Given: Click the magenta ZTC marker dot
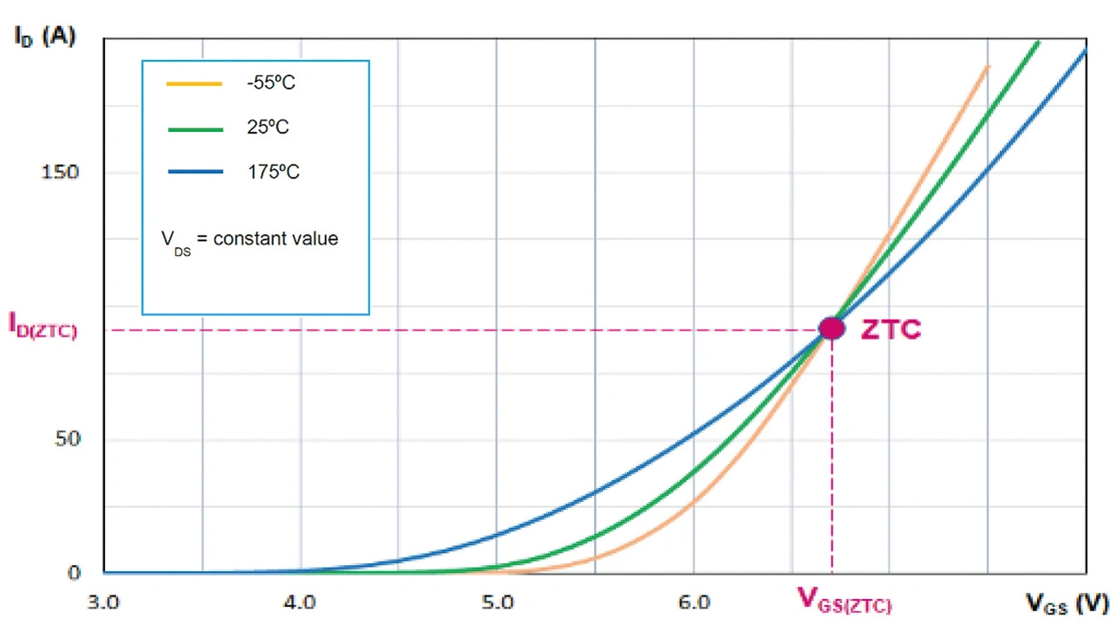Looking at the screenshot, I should coord(832,328).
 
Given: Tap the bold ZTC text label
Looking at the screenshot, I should coord(891,329).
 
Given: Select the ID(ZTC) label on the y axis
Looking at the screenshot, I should coord(42,325).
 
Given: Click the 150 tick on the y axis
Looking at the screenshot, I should coord(60,172).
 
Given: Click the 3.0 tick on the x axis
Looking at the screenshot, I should coord(103,601).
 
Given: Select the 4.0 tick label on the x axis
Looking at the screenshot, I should coord(299,601).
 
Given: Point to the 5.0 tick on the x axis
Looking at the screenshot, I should coord(497,601).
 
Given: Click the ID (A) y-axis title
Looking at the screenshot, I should coord(44,36).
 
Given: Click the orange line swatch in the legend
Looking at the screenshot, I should coord(194,84).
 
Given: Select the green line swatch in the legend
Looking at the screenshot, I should coord(194,128).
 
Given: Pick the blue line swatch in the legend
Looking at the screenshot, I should coord(194,172).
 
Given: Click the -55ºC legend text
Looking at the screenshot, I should coord(271,84).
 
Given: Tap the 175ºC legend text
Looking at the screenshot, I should coord(273,172).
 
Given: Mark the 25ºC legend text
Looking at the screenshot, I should coord(268,128).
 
